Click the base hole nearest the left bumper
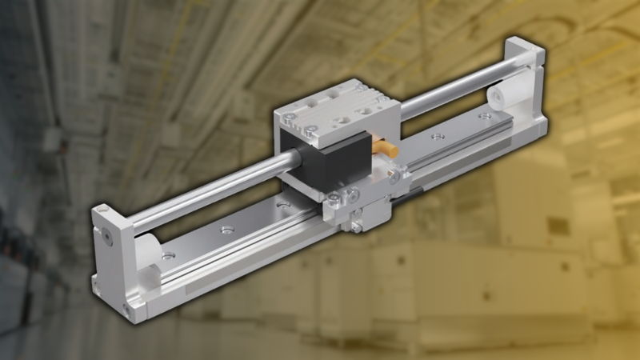coord(168,257)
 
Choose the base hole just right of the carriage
coord(436,137)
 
